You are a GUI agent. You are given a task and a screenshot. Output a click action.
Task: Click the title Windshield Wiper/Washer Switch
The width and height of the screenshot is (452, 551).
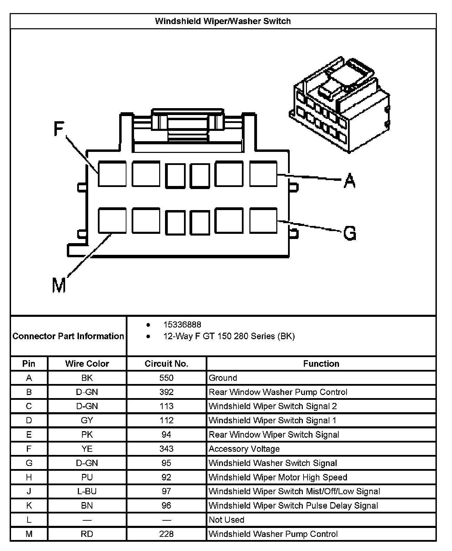[x=223, y=21]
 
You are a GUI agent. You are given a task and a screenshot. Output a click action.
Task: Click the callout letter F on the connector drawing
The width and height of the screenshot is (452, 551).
[x=59, y=129]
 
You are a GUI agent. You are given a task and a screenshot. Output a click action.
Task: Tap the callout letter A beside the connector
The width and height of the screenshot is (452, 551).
[x=349, y=180]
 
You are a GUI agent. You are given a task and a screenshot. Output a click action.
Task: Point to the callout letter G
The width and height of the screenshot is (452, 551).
[x=350, y=233]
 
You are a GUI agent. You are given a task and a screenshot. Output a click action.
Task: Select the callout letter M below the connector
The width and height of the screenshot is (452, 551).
[x=59, y=285]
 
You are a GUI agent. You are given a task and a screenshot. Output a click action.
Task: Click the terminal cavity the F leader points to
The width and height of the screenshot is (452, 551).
[x=112, y=174]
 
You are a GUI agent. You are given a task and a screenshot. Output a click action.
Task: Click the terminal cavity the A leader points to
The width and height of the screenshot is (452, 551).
[x=263, y=174]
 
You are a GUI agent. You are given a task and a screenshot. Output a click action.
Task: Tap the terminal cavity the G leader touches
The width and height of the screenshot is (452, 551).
[x=263, y=220]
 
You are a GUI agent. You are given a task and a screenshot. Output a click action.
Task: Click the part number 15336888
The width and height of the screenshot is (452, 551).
[x=182, y=325]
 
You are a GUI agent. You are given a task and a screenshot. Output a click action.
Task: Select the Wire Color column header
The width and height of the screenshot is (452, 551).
[x=87, y=364]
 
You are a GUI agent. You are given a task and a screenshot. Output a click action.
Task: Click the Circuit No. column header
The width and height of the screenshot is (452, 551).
[x=166, y=364]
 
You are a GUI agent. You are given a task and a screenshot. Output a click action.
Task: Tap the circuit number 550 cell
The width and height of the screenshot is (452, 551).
[x=166, y=378]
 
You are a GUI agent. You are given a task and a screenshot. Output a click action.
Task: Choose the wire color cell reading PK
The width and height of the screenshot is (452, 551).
[x=87, y=435]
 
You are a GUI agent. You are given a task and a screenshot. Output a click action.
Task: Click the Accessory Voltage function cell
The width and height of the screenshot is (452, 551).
[x=244, y=449]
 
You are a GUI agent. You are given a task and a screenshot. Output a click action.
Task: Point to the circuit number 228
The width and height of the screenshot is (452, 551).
[x=166, y=534]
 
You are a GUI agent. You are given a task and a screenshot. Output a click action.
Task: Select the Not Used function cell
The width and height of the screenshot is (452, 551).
[x=226, y=520]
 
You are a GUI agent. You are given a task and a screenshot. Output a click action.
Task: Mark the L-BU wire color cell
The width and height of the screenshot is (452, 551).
[x=87, y=491]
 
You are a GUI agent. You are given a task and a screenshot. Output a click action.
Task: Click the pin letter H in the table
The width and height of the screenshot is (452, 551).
[x=29, y=477]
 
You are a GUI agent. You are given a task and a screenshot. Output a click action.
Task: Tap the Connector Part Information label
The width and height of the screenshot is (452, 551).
[x=68, y=336]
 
